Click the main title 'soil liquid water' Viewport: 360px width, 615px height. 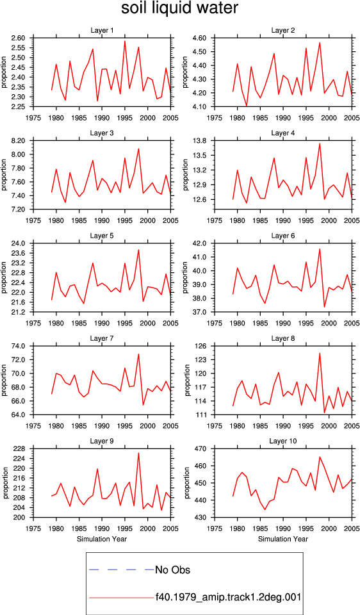179,8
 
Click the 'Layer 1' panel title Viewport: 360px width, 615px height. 102,31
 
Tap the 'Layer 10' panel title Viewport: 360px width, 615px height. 283,441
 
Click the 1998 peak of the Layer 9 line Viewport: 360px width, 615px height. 138,454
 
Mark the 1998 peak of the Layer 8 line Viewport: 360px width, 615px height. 320,353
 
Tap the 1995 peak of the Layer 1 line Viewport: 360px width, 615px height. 125,41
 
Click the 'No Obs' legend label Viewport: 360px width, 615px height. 172,570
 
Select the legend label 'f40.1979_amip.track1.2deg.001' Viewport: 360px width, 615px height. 228,597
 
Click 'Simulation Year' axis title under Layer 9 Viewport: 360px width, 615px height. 102,539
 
